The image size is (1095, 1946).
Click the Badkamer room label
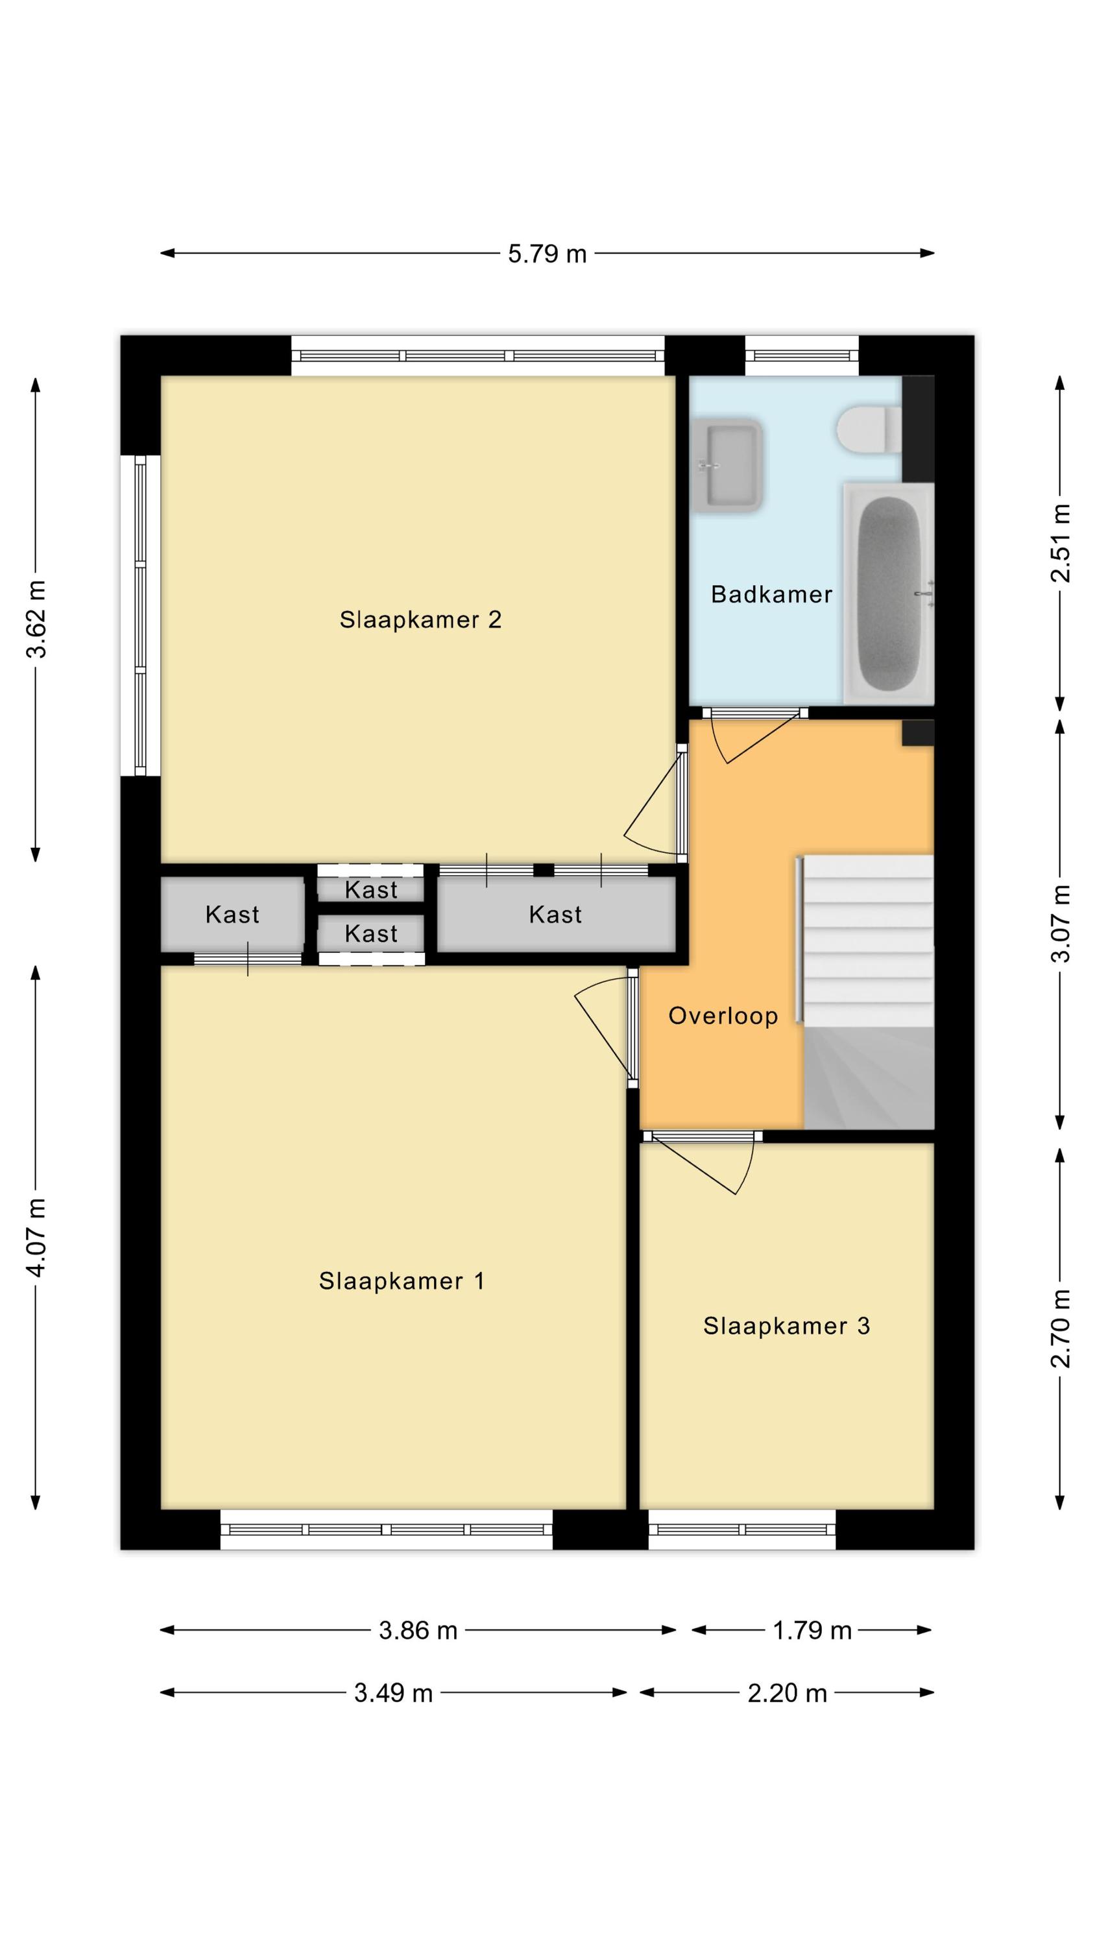tap(771, 595)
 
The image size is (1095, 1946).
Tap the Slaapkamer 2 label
tap(420, 619)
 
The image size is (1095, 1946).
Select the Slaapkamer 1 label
tap(402, 1280)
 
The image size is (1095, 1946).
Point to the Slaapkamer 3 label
tap(786, 1326)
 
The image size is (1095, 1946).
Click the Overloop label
tap(723, 1016)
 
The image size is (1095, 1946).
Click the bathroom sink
tap(727, 465)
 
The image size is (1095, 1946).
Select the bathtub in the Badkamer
tap(889, 594)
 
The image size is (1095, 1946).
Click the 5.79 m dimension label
tap(547, 254)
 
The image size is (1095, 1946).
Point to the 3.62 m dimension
tap(36, 619)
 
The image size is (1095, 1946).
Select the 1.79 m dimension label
tap(812, 1630)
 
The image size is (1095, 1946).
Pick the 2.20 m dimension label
tap(788, 1693)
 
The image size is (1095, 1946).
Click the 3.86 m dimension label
tap(418, 1630)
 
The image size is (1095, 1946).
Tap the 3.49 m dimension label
tap(394, 1693)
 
